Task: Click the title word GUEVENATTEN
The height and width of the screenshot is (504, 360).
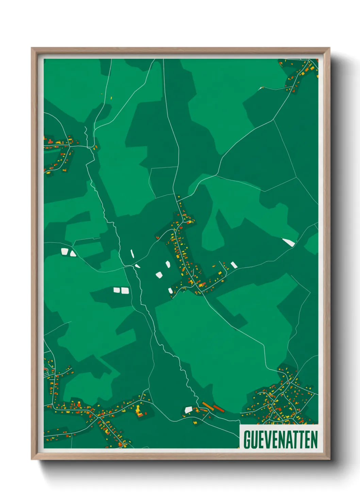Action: [280, 439]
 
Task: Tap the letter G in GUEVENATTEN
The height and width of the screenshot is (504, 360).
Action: [247, 439]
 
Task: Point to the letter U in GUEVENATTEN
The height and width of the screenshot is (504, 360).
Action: [254, 439]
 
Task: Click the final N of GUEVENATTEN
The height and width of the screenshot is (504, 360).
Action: [314, 439]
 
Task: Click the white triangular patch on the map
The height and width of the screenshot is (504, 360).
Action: [73, 253]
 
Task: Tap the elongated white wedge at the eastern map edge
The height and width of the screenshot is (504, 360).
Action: [289, 242]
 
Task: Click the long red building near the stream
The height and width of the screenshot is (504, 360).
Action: [218, 408]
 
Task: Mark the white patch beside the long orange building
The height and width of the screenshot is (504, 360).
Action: [189, 410]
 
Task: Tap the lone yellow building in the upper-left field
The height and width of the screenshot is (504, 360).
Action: [111, 98]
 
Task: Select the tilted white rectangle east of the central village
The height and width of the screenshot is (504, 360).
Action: [234, 265]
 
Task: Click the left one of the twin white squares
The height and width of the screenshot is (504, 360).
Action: [117, 290]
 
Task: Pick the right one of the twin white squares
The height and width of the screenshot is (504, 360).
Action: [125, 290]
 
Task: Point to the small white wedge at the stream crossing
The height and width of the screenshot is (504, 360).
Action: [137, 266]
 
